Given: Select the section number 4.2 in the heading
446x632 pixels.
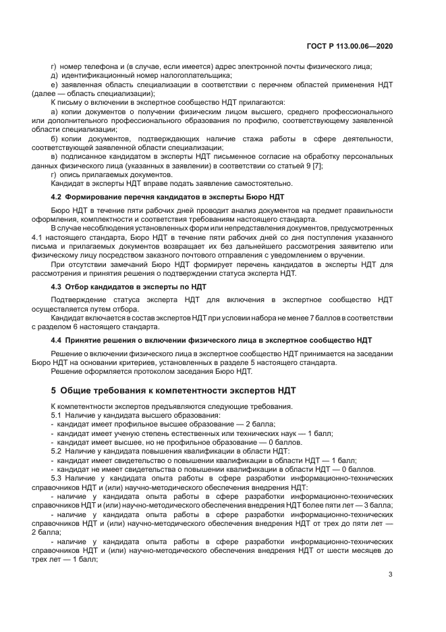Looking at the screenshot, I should pyautogui.click(x=57, y=196).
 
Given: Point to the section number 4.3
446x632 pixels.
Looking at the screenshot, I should pyautogui.click(x=57, y=287).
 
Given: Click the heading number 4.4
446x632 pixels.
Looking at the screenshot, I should pyautogui.click(x=57, y=339).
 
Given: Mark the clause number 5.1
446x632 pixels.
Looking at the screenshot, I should pyautogui.click(x=57, y=414).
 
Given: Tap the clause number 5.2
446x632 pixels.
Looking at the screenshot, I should pyautogui.click(x=57, y=449).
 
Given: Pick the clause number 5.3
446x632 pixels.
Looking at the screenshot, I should pyautogui.click(x=57, y=477).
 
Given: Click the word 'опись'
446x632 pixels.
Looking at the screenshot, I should pyautogui.click(x=71, y=174).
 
